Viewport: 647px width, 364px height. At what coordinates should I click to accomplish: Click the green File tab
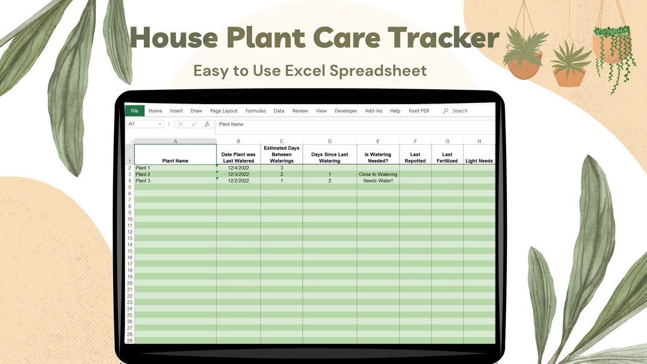[134, 111]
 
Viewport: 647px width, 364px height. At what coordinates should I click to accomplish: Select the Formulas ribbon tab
[255, 111]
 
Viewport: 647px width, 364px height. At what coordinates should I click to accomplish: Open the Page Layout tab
[223, 111]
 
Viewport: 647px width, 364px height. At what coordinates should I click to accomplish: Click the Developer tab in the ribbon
[346, 111]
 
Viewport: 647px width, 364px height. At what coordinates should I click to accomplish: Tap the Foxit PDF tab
[419, 111]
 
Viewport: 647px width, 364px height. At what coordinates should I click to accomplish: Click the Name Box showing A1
[144, 124]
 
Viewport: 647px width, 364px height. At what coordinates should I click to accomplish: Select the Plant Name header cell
[175, 160]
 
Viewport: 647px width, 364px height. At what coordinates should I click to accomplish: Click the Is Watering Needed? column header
[377, 157]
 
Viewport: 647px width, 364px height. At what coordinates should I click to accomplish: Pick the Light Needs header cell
[479, 160]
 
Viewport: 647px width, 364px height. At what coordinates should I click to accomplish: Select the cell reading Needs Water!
[378, 181]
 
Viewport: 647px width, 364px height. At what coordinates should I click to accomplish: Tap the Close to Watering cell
[378, 174]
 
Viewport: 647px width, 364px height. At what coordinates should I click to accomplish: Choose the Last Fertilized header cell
[447, 157]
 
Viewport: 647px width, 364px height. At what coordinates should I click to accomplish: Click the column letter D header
[329, 141]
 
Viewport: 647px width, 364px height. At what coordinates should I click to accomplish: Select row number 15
[129, 251]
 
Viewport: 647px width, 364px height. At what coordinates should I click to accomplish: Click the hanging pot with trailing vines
[612, 51]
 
